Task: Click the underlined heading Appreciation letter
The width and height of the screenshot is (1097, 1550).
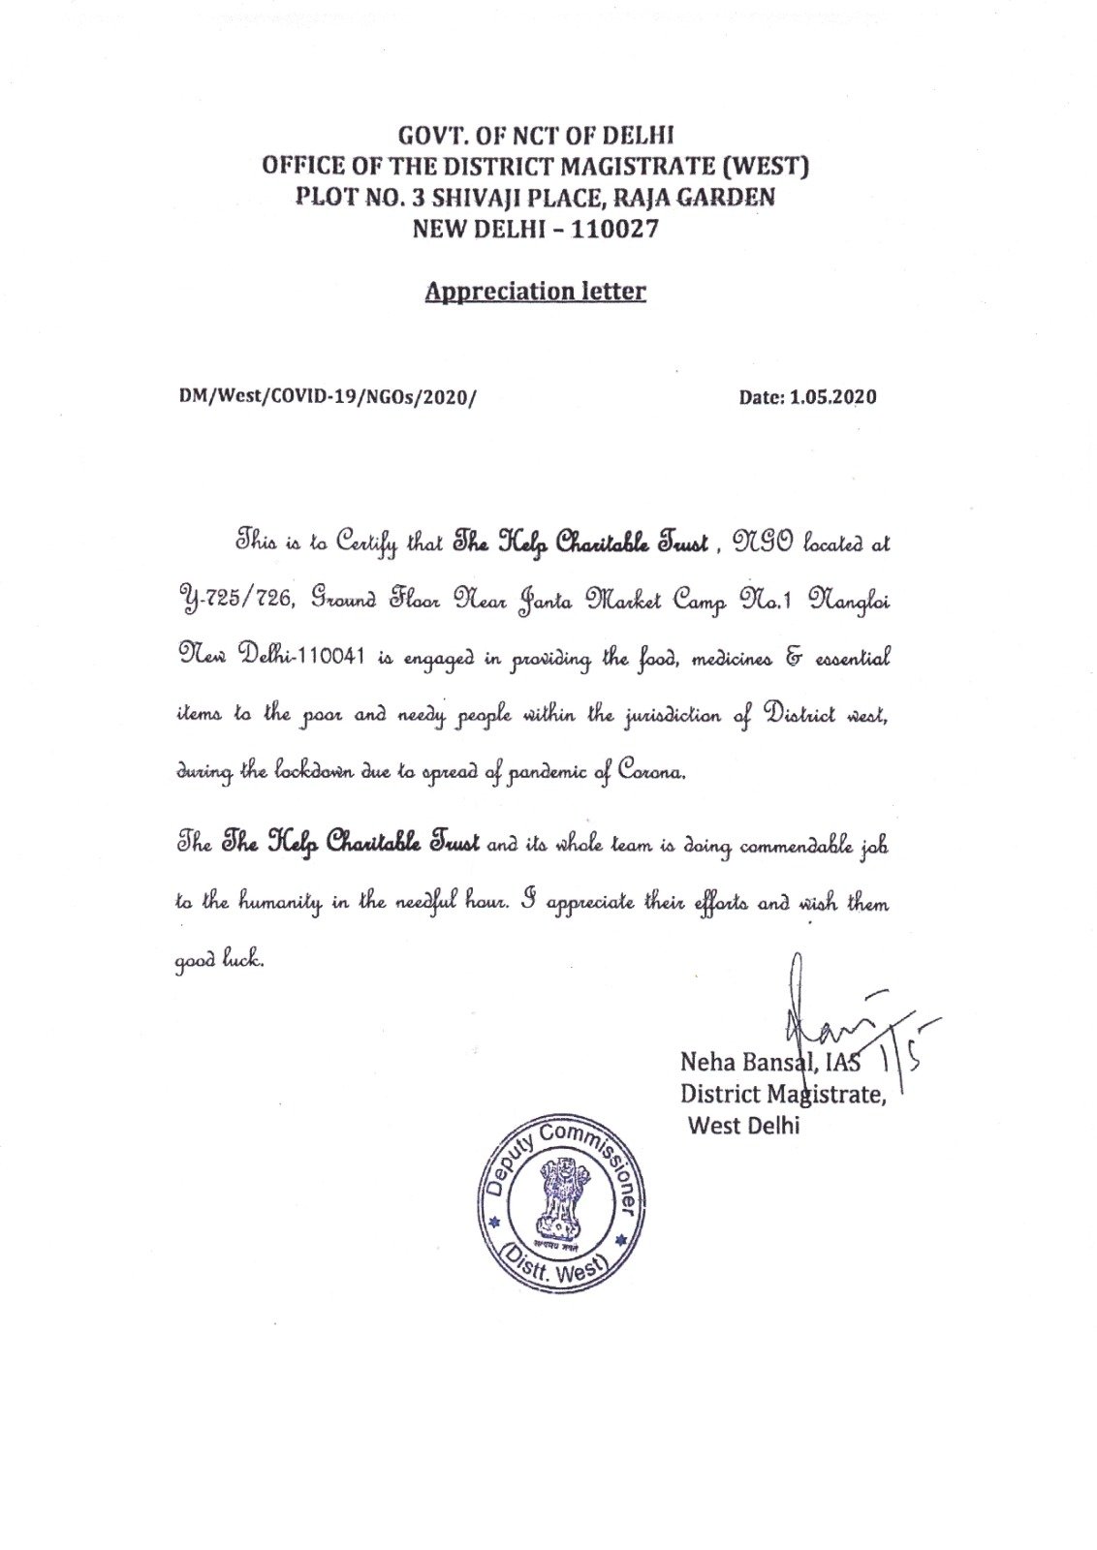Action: [x=535, y=290]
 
